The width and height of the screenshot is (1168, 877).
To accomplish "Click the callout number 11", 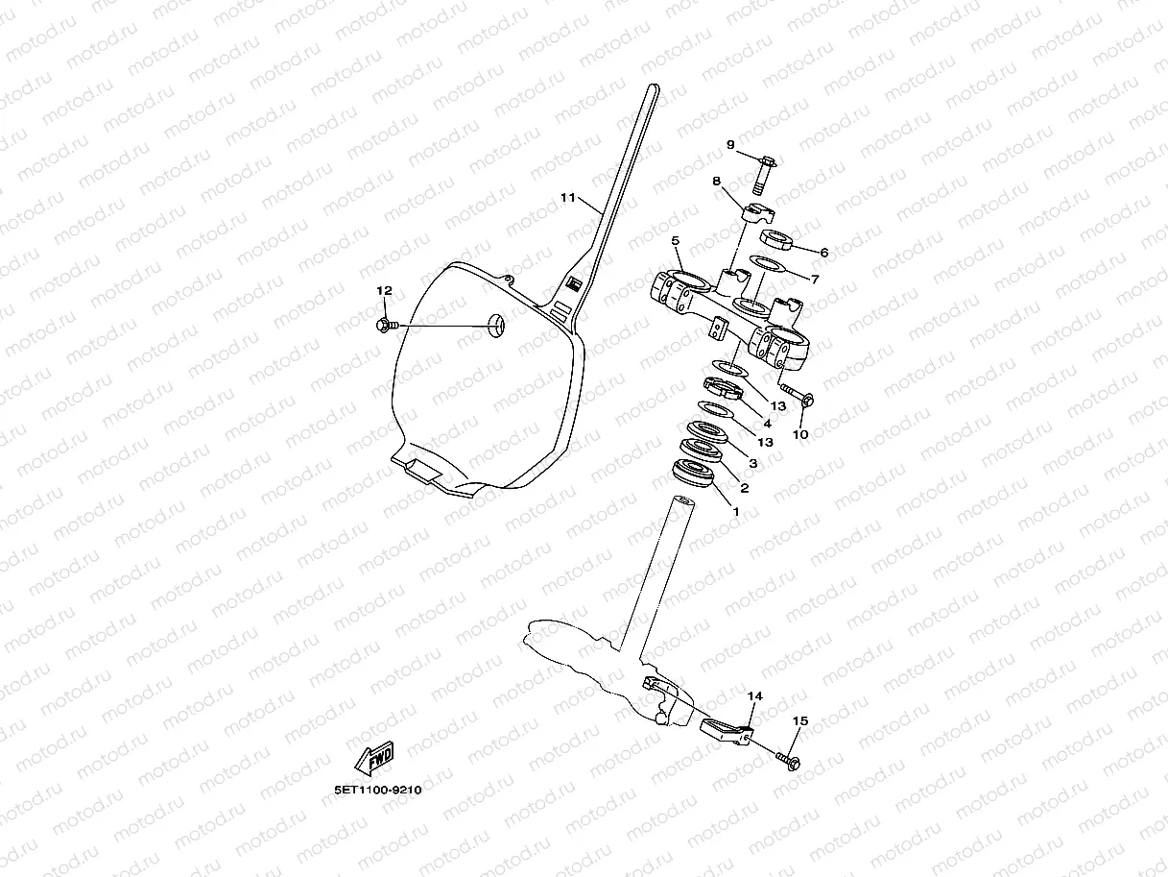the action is (x=567, y=198).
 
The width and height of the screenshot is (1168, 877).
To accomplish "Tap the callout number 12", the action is (x=384, y=290).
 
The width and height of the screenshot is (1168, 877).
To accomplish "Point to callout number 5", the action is (x=676, y=240).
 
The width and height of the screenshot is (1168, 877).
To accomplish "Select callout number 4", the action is (x=766, y=423).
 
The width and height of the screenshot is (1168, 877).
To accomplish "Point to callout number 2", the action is (x=744, y=488).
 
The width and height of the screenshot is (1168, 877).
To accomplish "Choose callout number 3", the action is (x=753, y=463).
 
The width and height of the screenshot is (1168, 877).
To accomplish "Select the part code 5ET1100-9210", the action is (x=377, y=791).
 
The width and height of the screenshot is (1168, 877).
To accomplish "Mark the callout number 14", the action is (x=754, y=695).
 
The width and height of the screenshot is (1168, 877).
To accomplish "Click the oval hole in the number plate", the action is (x=495, y=326).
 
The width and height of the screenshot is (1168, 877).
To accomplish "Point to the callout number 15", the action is (x=800, y=720).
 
